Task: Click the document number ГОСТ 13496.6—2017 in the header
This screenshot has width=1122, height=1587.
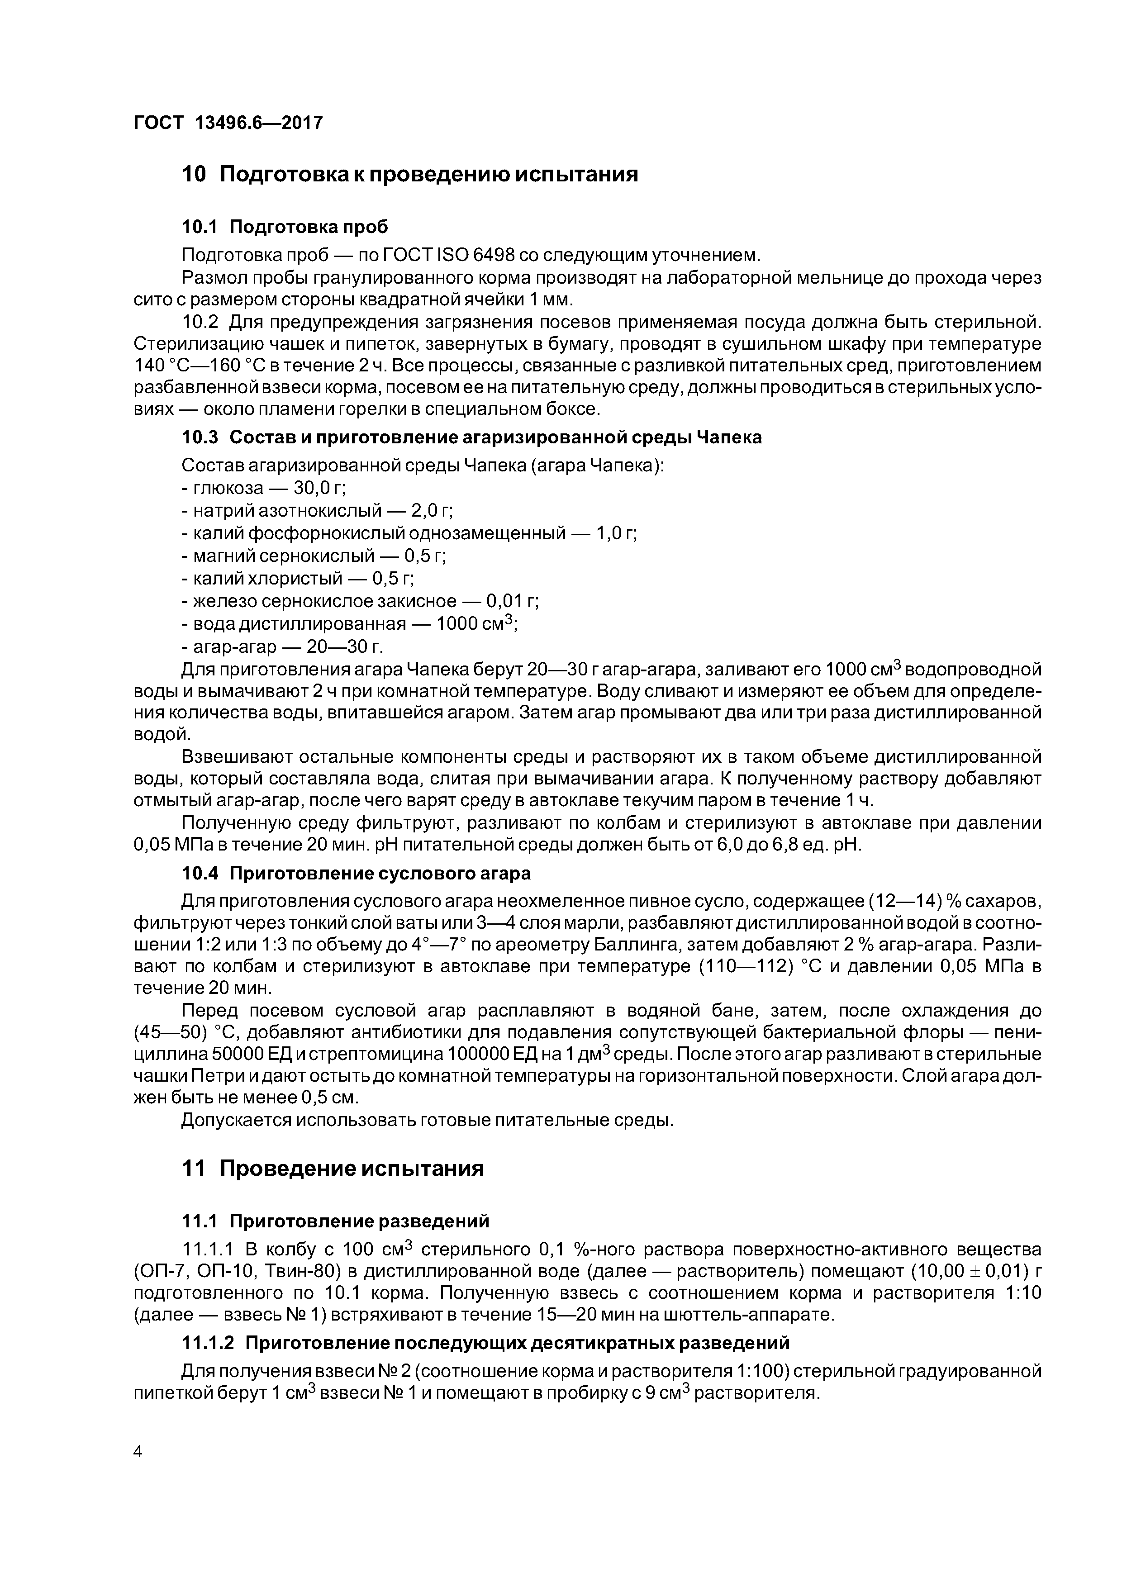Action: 228,123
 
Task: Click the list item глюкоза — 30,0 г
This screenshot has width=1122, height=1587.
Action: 263,488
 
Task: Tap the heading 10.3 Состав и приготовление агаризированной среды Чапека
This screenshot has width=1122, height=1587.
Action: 471,437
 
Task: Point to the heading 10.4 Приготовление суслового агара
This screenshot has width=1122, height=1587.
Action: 356,874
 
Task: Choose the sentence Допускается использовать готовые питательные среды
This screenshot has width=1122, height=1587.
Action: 427,1121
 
